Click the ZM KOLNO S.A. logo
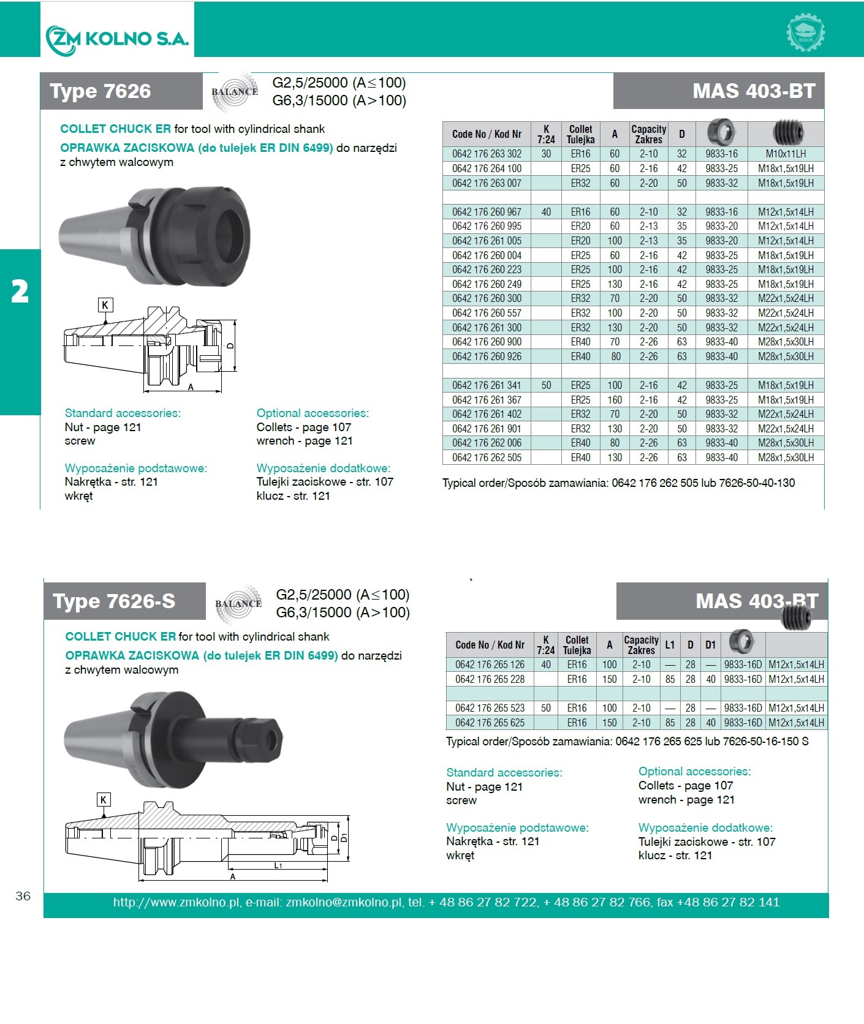point(117,39)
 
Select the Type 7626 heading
point(100,91)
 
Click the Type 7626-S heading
point(114,601)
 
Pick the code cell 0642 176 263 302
point(487,154)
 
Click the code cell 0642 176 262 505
point(487,457)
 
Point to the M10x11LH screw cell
point(786,154)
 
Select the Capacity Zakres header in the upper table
point(648,134)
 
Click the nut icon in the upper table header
point(721,132)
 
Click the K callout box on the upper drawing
point(105,305)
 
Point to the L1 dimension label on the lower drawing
point(278,865)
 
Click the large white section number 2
point(20,291)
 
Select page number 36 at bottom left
point(23,896)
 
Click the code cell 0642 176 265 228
point(490,679)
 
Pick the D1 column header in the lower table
point(710,644)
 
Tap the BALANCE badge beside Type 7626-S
point(238,603)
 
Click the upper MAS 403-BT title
point(754,91)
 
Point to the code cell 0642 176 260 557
point(487,313)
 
